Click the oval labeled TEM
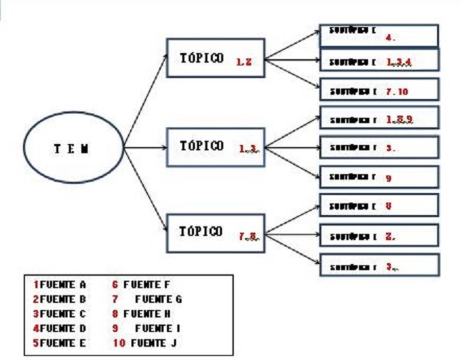[72, 148]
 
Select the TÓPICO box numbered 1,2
[216, 59]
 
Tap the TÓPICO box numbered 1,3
[216, 146]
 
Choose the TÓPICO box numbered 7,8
[216, 232]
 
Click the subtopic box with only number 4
[379, 36]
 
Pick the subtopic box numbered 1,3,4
[379, 61]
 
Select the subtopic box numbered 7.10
[379, 90]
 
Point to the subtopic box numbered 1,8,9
[379, 118]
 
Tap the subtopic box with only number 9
[379, 177]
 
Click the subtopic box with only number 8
[379, 206]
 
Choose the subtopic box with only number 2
[379, 235]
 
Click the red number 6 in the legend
[115, 284]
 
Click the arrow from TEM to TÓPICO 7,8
[146, 188]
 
